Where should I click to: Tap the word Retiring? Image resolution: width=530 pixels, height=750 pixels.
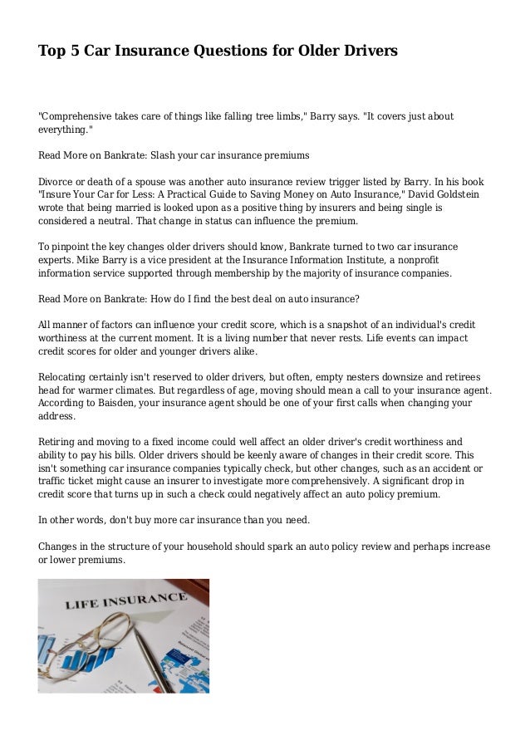pyautogui.click(x=58, y=443)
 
